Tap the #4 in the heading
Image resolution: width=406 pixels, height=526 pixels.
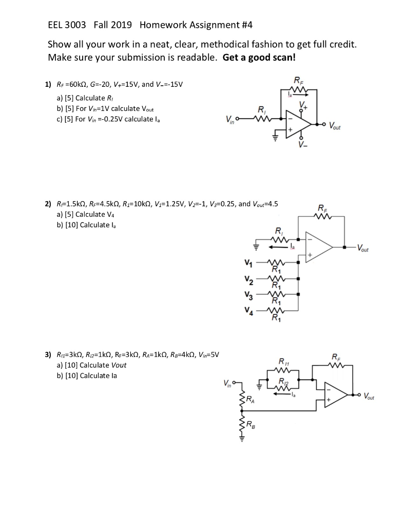tap(244, 24)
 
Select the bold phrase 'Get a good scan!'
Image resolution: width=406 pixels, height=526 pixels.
tap(259, 57)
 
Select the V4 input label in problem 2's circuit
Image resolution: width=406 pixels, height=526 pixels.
tap(248, 311)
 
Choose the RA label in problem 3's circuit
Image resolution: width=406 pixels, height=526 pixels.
tap(249, 399)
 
